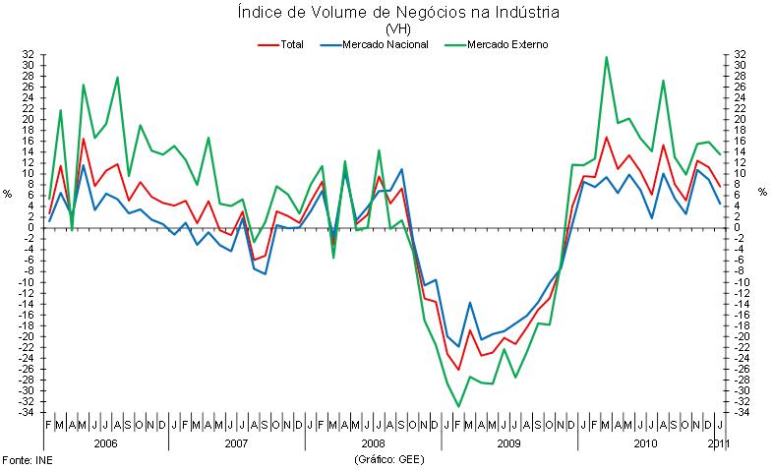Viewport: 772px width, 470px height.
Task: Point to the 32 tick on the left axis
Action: pos(29,55)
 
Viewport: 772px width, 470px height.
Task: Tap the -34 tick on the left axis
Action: pos(27,412)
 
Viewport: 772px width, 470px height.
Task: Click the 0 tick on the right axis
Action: pos(738,227)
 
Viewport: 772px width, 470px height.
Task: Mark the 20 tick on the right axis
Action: pos(741,120)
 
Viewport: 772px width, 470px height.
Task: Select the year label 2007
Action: pos(235,444)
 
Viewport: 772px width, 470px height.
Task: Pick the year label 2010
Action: pos(644,444)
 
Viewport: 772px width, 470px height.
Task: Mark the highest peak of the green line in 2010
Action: pos(606,57)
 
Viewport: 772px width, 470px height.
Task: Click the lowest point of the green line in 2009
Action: pos(458,406)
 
